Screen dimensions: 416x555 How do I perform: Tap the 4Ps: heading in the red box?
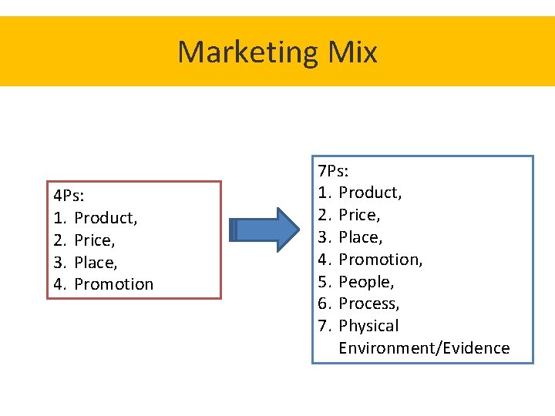[67, 196]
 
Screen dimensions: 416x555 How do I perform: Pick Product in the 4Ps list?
[106, 218]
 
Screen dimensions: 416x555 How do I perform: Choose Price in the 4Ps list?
[95, 240]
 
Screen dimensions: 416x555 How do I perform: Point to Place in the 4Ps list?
[96, 263]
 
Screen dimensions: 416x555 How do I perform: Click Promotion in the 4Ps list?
[114, 284]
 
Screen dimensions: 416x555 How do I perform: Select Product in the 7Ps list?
[370, 192]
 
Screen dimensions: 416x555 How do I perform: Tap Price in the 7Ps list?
[359, 215]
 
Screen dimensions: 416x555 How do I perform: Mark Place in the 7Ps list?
[360, 237]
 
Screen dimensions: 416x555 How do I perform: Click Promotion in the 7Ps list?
[380, 260]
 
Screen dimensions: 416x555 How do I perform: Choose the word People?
[366, 282]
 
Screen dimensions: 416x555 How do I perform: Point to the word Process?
[369, 304]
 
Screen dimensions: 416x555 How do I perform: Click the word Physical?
[368, 326]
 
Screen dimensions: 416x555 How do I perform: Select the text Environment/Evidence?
[424, 348]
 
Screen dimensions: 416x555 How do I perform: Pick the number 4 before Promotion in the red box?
[59, 284]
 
